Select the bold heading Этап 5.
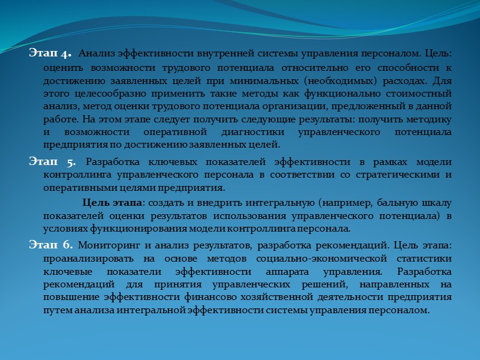pos(52,162)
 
